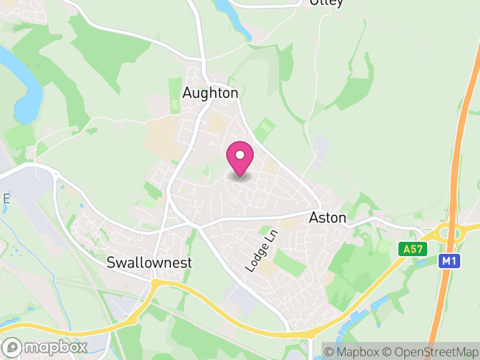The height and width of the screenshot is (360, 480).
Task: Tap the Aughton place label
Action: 210,93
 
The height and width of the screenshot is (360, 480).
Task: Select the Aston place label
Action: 328,218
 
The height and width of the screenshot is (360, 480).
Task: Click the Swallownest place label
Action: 149,262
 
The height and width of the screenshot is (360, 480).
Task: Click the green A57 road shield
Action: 413,248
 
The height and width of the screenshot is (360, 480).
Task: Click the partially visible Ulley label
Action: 326,2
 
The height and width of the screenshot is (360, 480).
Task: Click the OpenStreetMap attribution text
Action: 433,351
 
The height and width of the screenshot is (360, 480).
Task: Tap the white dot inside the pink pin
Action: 240,154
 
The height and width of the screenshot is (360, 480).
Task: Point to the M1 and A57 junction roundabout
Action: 452,232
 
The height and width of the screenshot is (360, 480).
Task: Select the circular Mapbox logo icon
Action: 13,347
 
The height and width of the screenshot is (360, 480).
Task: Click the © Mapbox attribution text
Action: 354,351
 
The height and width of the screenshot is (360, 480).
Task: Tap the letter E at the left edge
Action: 5,198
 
